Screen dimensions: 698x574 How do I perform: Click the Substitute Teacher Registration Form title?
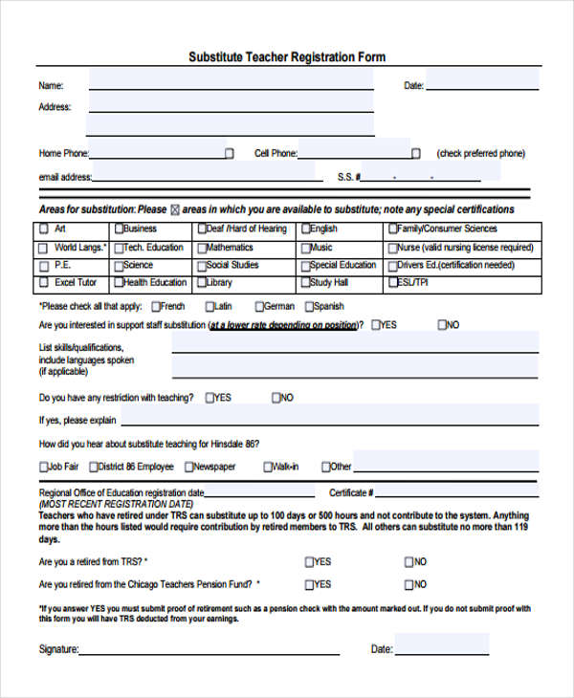coord(287,57)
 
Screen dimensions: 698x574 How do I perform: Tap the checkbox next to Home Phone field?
coord(229,153)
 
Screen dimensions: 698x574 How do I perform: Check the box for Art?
coord(43,229)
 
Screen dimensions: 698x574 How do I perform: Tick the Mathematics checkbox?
coord(202,248)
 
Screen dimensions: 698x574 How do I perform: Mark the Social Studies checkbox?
coord(202,266)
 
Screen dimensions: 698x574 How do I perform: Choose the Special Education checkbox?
coord(304,266)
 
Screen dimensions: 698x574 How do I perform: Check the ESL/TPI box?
coord(392,283)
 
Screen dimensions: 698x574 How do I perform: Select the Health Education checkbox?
coord(119,283)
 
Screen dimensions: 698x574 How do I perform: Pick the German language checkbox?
coord(259,307)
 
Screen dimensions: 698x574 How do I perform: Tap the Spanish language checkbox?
coord(309,307)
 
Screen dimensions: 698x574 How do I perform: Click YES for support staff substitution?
coord(376,325)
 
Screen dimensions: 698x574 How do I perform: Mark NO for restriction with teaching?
coord(276,398)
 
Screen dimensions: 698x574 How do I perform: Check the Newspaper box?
coord(188,467)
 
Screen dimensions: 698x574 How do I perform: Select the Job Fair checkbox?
coord(43,467)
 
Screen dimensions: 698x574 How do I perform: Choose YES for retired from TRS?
coord(309,562)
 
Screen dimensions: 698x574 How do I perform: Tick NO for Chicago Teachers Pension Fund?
coord(409,584)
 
